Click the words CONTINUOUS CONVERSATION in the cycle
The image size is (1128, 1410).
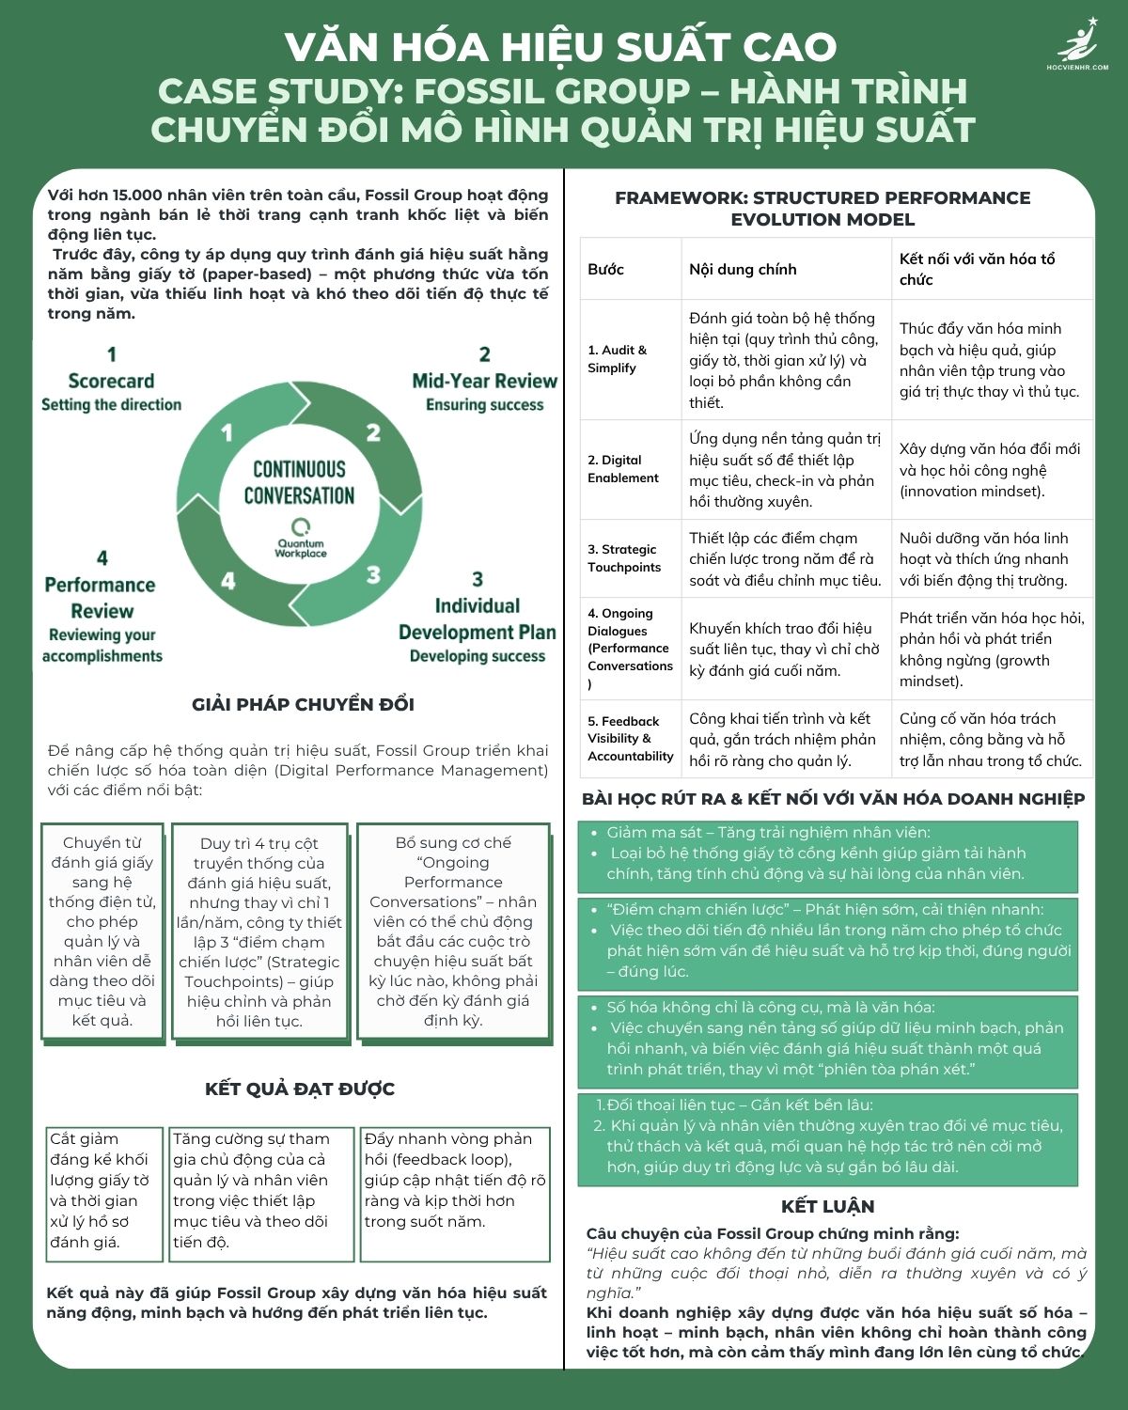click(299, 482)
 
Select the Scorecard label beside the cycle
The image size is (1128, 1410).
click(111, 381)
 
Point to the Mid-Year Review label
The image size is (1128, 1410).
click(484, 381)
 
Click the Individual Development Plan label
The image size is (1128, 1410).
click(477, 619)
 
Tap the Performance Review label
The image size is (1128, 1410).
click(101, 598)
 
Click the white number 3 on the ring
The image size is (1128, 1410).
click(373, 574)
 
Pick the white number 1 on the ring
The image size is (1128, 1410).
click(227, 432)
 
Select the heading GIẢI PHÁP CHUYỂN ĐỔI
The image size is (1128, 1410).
click(303, 704)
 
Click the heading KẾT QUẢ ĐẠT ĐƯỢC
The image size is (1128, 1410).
click(300, 1089)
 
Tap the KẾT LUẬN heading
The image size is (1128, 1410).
click(827, 1206)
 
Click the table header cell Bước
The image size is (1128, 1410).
click(605, 269)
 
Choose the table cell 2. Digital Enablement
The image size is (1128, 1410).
click(622, 469)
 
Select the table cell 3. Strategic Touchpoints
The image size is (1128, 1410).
click(623, 558)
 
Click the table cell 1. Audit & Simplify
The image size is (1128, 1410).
click(617, 359)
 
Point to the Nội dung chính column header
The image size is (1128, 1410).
click(743, 269)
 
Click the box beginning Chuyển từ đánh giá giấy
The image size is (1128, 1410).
click(102, 932)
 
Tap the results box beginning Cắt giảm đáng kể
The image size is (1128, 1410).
click(102, 1190)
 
